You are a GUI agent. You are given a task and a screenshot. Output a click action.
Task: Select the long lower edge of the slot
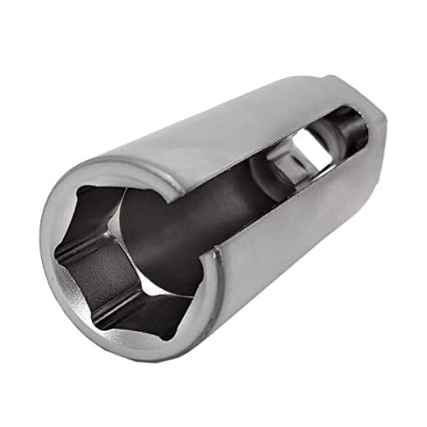coord(287,209)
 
